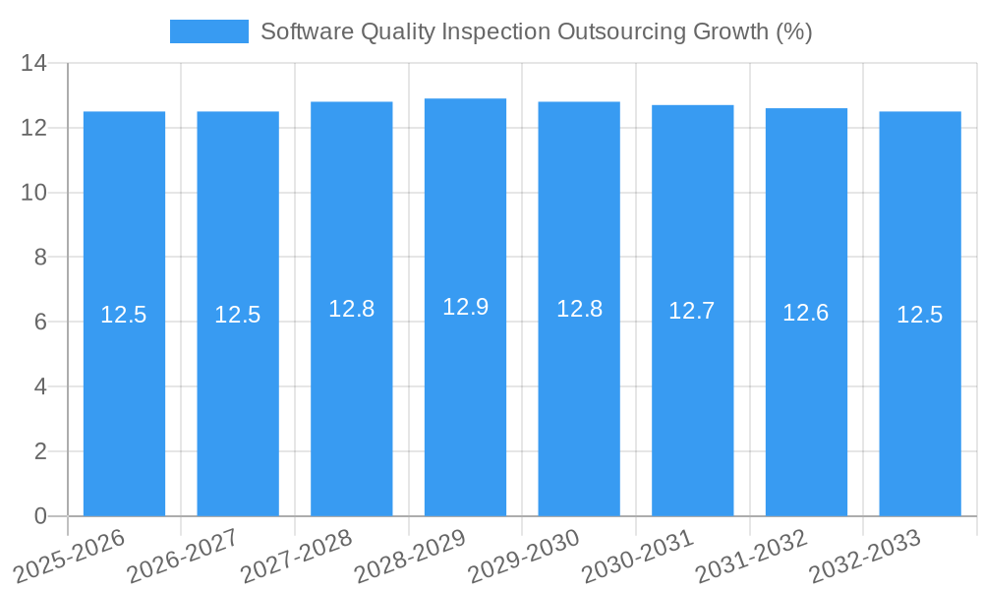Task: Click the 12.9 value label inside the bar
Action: [465, 307]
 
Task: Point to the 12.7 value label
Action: [692, 311]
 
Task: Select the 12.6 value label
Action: [806, 313]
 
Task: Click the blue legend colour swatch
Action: [208, 31]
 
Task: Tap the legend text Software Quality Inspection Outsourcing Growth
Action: [536, 31]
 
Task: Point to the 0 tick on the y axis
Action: [40, 516]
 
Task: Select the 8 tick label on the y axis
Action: [40, 258]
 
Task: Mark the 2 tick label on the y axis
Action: [40, 451]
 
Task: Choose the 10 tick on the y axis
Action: [34, 193]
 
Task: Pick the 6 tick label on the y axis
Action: [40, 323]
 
